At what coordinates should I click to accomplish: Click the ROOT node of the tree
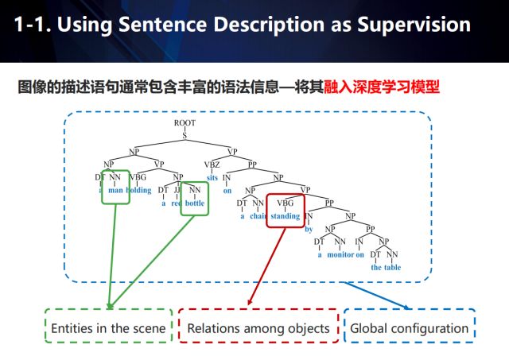(185, 124)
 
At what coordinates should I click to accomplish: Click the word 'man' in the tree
(116, 191)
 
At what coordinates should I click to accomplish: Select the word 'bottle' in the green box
(194, 203)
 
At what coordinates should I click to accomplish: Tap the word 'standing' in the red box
(285, 216)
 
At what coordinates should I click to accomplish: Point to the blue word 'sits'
(212, 177)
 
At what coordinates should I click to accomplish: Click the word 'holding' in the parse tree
(139, 191)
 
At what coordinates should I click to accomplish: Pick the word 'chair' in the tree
(257, 216)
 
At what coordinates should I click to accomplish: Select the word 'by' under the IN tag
(309, 229)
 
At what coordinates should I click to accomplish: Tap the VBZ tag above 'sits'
(212, 165)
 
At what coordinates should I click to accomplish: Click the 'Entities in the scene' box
(108, 327)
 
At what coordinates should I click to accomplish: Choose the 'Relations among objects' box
(258, 327)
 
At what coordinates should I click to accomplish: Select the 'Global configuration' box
(410, 327)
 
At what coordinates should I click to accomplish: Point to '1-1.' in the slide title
(34, 25)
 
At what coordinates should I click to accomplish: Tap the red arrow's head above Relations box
(250, 304)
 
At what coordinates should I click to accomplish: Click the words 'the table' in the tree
(387, 268)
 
